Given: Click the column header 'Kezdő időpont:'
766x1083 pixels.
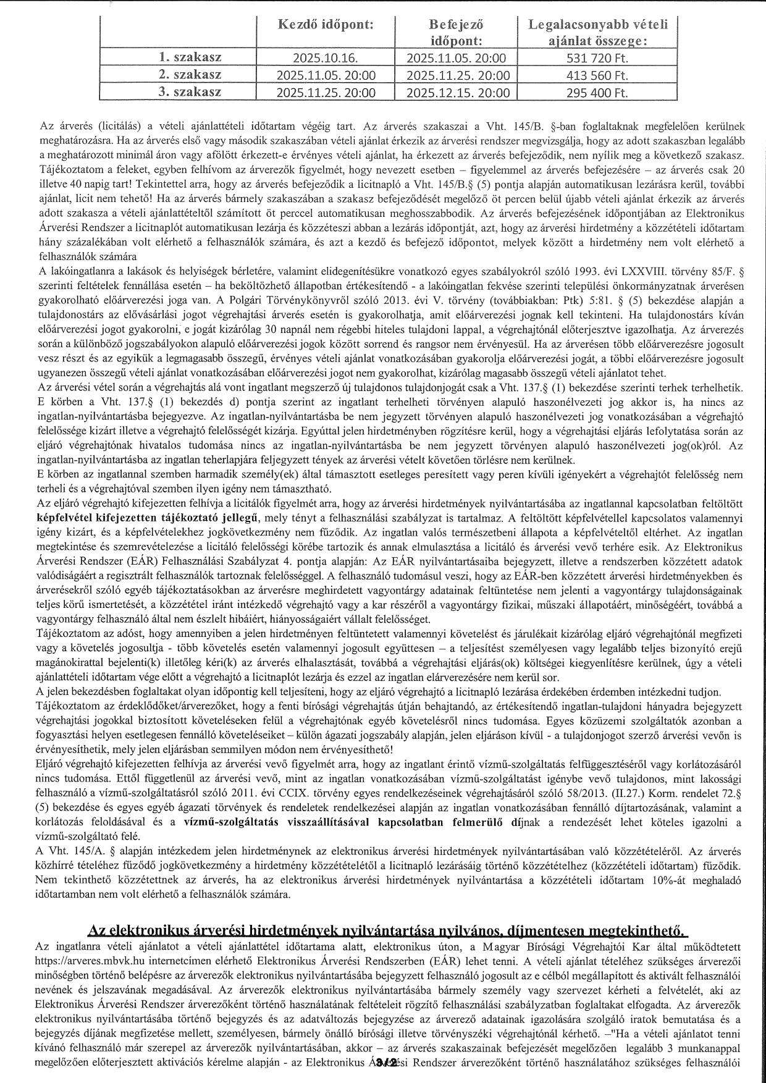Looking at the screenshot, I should click(x=325, y=25).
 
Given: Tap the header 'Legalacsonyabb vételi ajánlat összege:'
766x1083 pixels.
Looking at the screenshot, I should click(x=598, y=33).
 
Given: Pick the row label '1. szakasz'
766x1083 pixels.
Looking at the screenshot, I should click(x=190, y=58).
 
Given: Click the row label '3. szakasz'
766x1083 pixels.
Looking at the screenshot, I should click(x=190, y=93).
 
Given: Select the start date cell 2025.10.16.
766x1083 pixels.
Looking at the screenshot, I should click(x=325, y=59).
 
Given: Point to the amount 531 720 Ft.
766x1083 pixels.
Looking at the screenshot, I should click(x=598, y=59).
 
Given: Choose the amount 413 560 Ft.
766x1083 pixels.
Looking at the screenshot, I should click(x=598, y=76).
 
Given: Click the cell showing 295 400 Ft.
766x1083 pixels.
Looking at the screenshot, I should click(x=598, y=93).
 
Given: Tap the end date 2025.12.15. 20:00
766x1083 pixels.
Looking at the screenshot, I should click(x=457, y=93).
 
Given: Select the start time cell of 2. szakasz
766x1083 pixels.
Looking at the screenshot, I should click(x=325, y=76).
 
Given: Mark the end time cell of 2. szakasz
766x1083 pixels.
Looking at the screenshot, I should click(x=457, y=76).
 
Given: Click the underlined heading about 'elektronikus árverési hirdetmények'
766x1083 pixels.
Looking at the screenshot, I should click(x=389, y=930).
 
